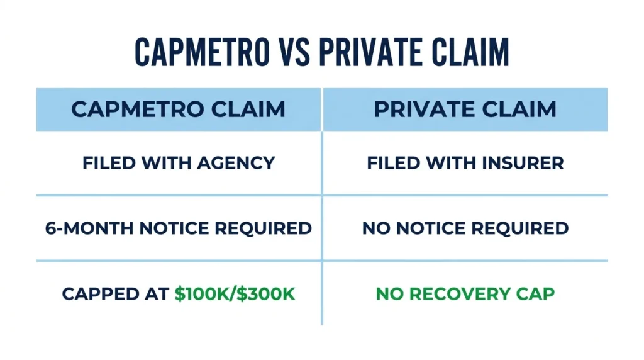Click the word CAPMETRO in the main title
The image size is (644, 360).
click(202, 52)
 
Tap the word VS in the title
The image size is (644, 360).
click(294, 52)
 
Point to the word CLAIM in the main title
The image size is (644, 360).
click(470, 52)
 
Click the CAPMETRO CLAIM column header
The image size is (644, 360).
click(178, 110)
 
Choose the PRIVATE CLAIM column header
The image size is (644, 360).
click(465, 110)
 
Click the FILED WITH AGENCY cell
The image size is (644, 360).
click(179, 163)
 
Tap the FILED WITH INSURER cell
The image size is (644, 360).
click(465, 163)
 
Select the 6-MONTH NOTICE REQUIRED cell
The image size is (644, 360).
click(178, 228)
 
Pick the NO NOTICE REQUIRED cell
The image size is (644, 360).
click(465, 228)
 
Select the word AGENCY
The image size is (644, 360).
click(236, 163)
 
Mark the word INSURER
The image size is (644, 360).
click(523, 163)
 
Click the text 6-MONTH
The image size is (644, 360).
click(89, 228)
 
